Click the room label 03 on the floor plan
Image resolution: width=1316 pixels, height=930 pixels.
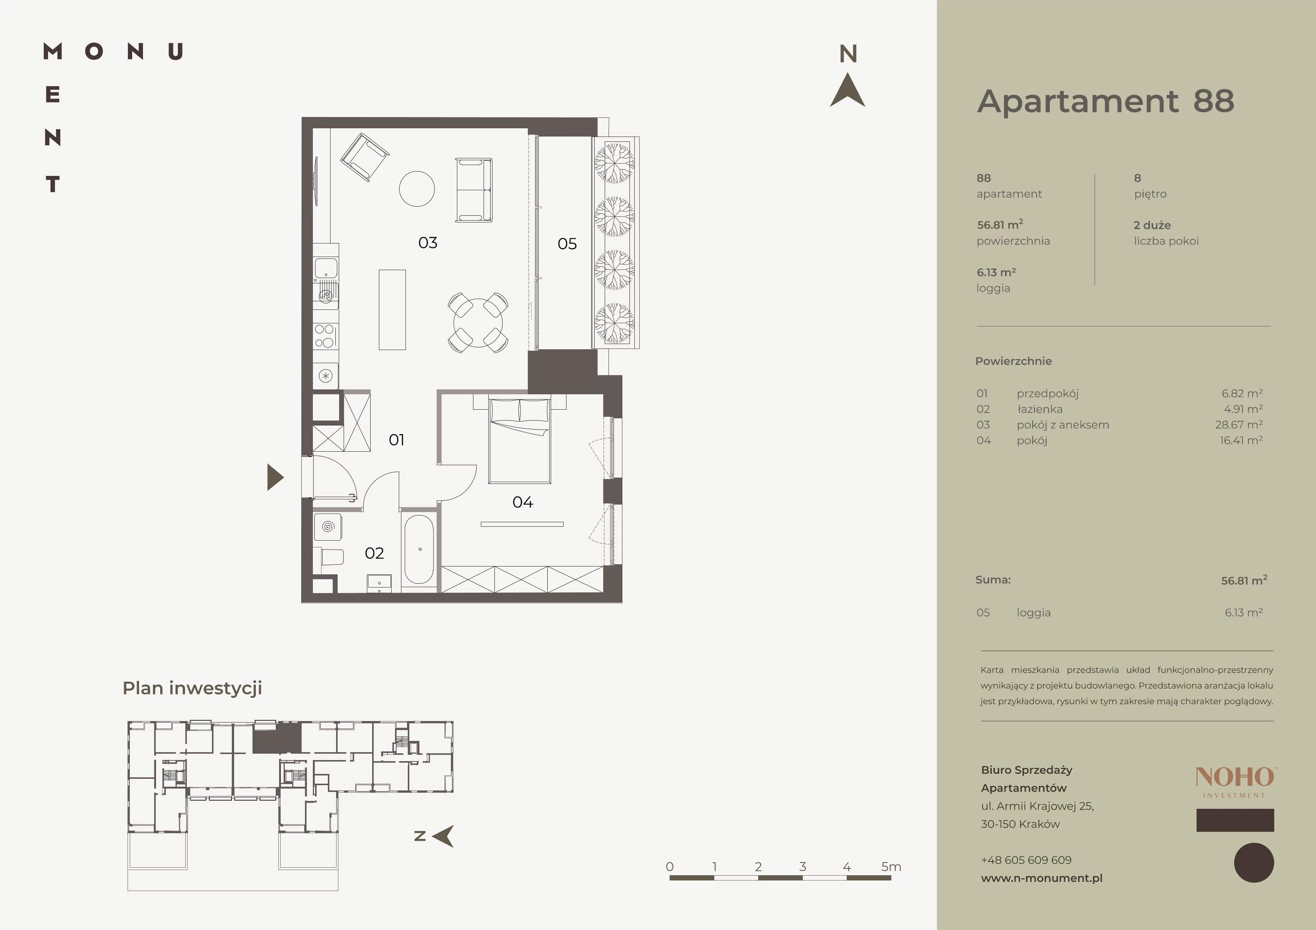tap(428, 243)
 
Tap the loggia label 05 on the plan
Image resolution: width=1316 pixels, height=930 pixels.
tap(567, 244)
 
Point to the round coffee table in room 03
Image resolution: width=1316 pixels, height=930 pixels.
tap(417, 189)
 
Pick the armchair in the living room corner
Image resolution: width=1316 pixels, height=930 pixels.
tap(365, 157)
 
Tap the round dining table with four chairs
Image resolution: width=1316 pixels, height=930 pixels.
tap(478, 323)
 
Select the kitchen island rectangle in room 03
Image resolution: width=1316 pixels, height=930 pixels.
tap(392, 309)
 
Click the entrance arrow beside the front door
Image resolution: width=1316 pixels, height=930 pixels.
tap(275, 477)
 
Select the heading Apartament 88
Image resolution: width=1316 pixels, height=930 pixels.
tap(1106, 101)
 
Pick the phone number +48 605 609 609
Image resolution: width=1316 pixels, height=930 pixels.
tap(1026, 859)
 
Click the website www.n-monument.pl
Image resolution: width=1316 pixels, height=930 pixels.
tap(1041, 878)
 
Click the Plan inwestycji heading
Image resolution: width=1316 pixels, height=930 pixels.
tap(192, 688)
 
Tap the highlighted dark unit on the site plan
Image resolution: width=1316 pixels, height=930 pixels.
tap(277, 738)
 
